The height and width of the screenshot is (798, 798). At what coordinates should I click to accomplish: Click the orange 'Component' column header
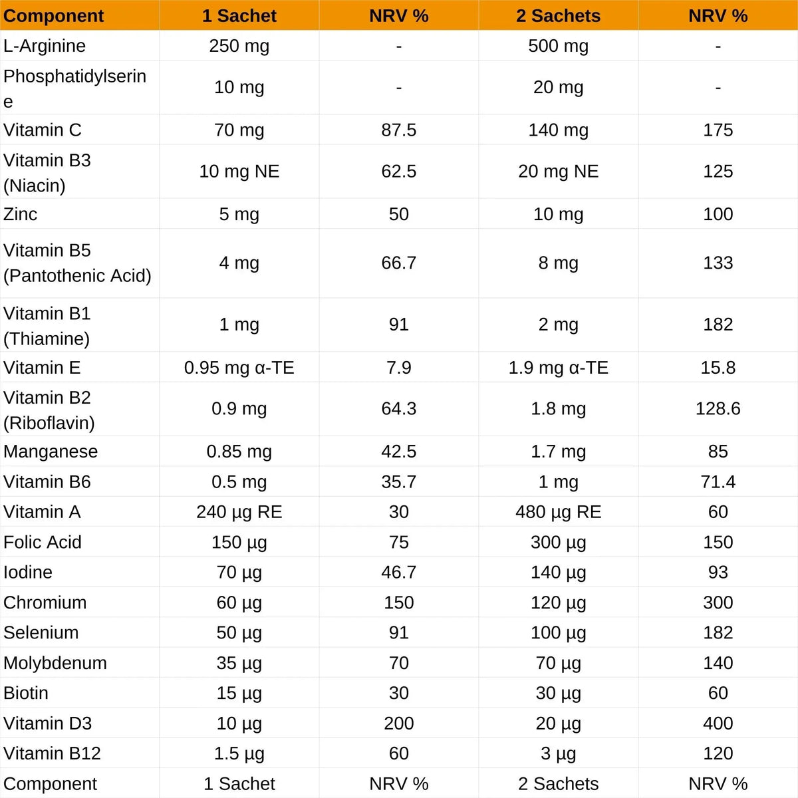click(54, 16)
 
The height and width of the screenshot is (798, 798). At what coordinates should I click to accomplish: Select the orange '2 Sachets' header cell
click(558, 16)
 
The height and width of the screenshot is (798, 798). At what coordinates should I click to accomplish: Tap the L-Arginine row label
click(45, 46)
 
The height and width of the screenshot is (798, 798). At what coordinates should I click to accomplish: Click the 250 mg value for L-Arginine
click(239, 46)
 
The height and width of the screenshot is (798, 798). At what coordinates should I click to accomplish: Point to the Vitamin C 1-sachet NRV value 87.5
click(398, 130)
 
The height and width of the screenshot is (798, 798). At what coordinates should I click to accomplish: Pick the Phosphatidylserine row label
click(74, 88)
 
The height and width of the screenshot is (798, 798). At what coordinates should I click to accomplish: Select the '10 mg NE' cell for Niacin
click(239, 172)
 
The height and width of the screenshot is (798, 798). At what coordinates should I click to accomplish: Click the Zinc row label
click(21, 214)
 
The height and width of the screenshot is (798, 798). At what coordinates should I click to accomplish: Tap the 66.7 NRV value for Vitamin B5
click(398, 263)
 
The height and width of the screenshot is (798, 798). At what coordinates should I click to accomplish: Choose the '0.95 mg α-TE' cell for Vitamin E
click(239, 368)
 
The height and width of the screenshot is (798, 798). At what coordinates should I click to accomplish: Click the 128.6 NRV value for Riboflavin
click(718, 408)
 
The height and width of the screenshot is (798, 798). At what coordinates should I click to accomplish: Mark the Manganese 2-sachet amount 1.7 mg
click(558, 452)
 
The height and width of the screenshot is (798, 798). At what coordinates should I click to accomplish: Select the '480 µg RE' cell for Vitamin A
click(558, 512)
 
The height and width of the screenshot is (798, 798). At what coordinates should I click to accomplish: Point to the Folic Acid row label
click(43, 542)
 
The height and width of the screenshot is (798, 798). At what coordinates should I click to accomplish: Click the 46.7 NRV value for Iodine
click(398, 572)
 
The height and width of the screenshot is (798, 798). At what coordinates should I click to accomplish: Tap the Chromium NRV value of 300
click(718, 602)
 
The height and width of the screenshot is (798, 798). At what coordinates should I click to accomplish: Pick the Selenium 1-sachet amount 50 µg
click(239, 632)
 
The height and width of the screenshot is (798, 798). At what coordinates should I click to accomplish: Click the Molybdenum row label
click(55, 663)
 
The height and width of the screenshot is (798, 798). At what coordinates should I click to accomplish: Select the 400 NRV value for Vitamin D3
click(718, 723)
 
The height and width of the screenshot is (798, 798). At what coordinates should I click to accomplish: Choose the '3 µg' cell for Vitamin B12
click(558, 753)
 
